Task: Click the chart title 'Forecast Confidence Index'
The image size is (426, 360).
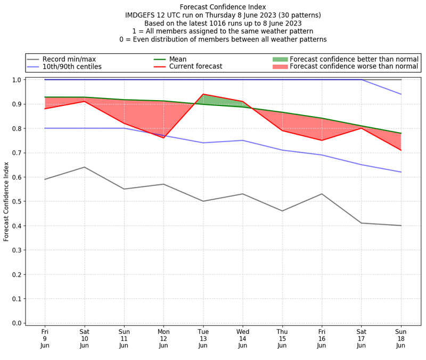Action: point(223,7)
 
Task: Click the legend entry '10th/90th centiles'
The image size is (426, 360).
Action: point(72,67)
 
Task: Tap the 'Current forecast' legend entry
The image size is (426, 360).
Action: point(195,67)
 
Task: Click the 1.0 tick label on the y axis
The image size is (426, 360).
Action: point(17,80)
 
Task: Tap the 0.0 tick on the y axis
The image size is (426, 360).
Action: point(17,323)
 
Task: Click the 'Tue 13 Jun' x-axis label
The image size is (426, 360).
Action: point(203,338)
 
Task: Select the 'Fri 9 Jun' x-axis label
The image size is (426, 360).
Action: point(45,338)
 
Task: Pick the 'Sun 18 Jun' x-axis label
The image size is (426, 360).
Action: point(400,338)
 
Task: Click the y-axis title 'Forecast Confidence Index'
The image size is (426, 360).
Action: point(6,201)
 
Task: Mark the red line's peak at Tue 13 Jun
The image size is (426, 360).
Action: point(203,94)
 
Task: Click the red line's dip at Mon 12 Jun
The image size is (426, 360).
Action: point(163,138)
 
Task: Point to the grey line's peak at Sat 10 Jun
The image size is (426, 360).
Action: point(84,167)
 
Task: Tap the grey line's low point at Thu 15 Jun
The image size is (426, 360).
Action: point(282,211)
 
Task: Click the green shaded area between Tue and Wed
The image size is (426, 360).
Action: point(213,100)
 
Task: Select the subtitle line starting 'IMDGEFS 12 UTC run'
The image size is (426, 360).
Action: point(223,15)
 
